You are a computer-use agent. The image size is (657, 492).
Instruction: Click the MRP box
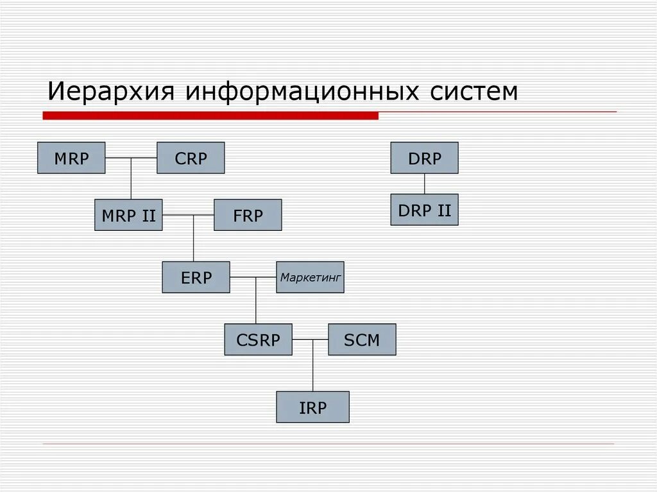[x=71, y=158]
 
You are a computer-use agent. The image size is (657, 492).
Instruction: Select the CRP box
[x=191, y=158]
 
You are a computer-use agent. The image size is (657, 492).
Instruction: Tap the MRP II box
[x=128, y=215]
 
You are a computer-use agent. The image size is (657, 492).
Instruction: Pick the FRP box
[x=248, y=215]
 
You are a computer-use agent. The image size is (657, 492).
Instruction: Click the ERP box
[x=196, y=277]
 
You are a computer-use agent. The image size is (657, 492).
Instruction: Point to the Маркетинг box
[x=310, y=277]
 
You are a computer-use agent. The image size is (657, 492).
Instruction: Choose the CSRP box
[x=258, y=339]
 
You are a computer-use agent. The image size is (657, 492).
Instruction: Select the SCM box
[x=362, y=339]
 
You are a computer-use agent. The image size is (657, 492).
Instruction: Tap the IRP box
[x=312, y=407]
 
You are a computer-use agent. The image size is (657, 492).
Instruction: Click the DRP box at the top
[x=424, y=158]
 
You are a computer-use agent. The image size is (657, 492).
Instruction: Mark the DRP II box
[x=424, y=210]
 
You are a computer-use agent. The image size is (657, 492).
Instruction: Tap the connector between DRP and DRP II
[x=424, y=183]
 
